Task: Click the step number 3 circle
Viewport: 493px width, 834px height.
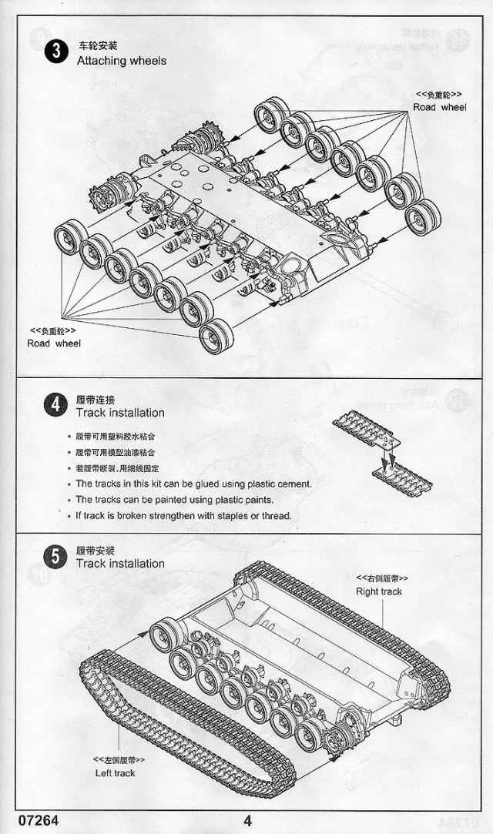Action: click(55, 52)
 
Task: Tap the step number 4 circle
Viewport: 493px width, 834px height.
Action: click(55, 405)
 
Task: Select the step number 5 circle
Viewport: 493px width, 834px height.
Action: click(55, 556)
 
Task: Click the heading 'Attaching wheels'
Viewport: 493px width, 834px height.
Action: click(121, 60)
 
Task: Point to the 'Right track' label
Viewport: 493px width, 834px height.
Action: click(379, 591)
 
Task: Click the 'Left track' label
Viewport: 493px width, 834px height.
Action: click(116, 773)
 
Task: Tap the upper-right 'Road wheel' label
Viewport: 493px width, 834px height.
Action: click(439, 107)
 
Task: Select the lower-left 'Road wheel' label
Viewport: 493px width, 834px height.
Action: click(54, 343)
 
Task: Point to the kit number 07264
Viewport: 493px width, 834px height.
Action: click(32, 821)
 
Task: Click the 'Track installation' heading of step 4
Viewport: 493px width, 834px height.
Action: click(119, 413)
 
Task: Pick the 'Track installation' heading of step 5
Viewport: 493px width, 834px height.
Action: click(119, 564)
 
